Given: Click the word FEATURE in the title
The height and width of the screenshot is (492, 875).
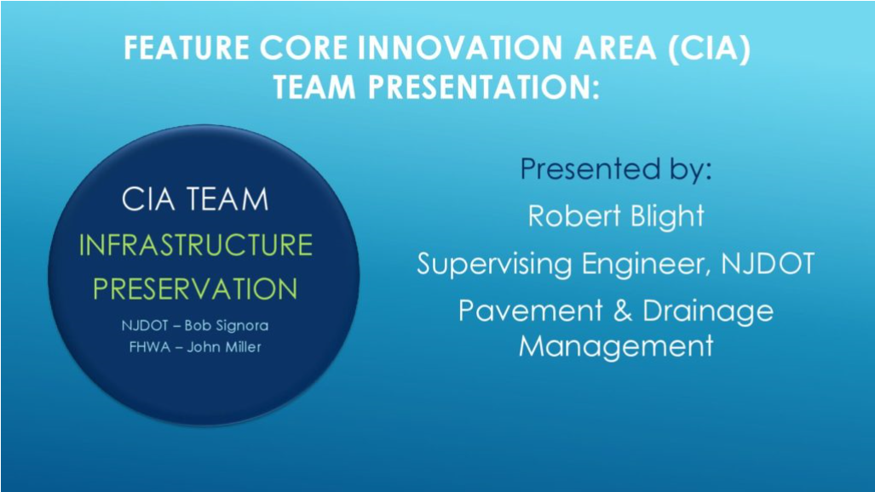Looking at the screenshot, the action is tap(187, 48).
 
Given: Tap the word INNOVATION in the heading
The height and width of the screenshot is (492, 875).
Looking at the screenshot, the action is tap(460, 48).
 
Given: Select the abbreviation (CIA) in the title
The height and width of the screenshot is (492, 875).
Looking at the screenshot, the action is tap(709, 48).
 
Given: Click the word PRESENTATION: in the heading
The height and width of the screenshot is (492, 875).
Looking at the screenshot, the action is tap(483, 87).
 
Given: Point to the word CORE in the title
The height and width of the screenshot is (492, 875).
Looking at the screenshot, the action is tap(304, 48).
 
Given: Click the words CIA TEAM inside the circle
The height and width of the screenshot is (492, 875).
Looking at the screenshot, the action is tap(195, 199).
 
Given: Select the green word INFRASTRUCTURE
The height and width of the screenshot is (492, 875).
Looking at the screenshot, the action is tap(195, 245).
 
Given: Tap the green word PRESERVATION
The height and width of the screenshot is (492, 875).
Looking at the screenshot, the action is tap(195, 289).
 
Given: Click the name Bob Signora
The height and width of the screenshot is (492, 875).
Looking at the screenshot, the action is tap(227, 326).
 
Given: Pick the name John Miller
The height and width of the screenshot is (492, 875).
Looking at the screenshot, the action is tap(224, 347).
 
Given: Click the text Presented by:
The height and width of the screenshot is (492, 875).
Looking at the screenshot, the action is tap(616, 169).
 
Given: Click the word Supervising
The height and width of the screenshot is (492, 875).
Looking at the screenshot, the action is tap(494, 264).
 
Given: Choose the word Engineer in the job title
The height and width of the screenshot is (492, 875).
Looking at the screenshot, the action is tap(646, 264).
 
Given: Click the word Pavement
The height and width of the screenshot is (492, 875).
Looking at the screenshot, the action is tap(531, 310).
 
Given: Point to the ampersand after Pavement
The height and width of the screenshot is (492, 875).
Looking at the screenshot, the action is tap(623, 311).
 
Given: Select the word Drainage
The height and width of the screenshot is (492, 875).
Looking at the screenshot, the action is tap(708, 312).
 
